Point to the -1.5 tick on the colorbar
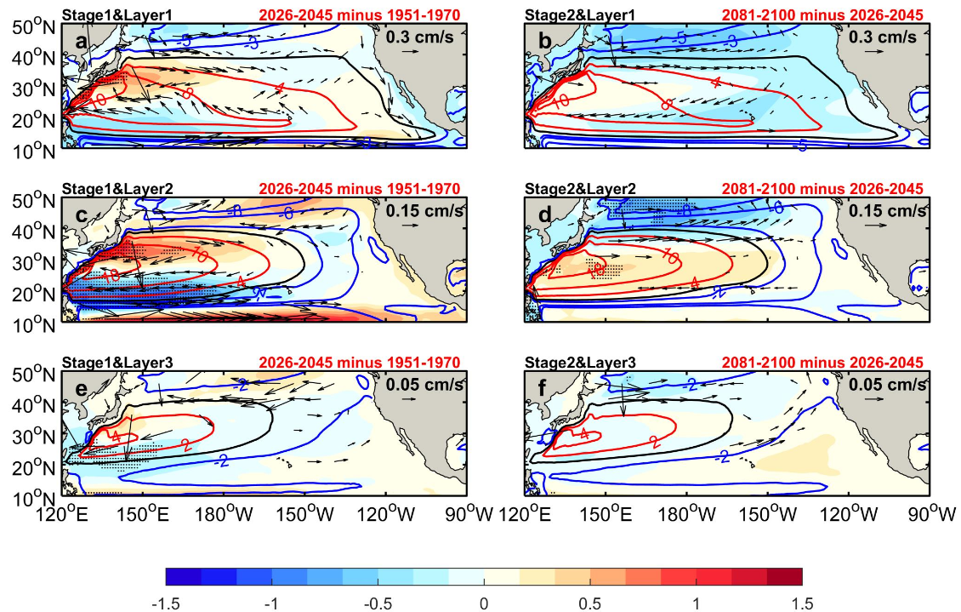[x=166, y=603]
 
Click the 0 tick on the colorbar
[x=484, y=603]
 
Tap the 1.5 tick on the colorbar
[x=802, y=603]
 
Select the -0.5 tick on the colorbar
[x=378, y=603]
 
